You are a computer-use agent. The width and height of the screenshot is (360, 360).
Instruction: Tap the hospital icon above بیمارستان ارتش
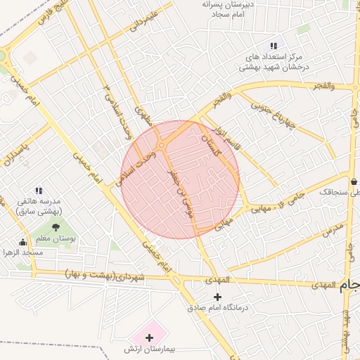[149, 338]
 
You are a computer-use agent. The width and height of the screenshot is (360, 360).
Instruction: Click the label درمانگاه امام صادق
[220, 308]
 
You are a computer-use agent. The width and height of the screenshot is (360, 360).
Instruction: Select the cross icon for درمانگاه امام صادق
[217, 297]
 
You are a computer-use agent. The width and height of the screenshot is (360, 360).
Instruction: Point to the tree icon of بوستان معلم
[56, 226]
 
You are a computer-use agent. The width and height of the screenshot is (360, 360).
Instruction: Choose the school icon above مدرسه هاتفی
[39, 190]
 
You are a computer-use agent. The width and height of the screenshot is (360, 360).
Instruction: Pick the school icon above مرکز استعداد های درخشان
[273, 46]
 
